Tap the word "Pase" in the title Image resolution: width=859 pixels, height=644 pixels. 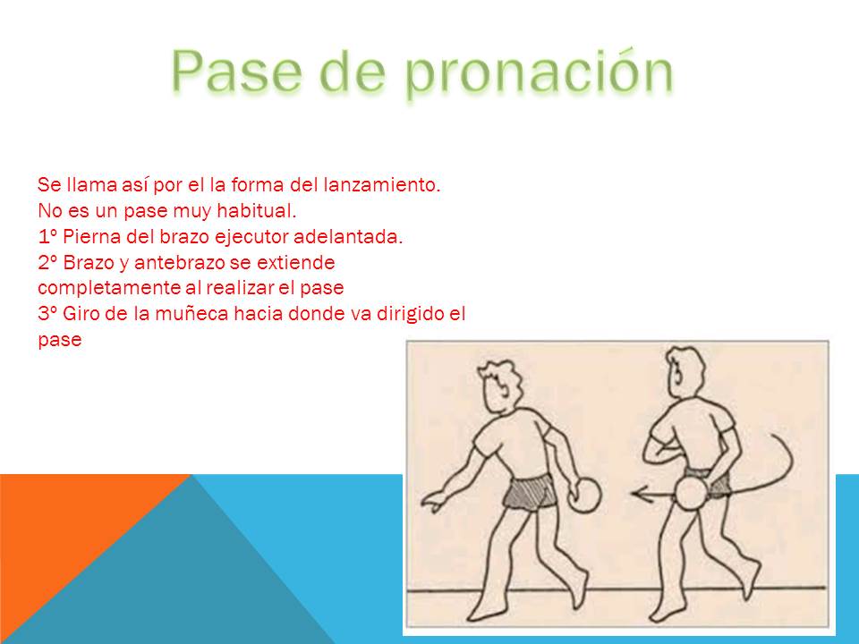pyautogui.click(x=236, y=71)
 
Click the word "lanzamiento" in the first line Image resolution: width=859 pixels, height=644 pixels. pyautogui.click(x=381, y=185)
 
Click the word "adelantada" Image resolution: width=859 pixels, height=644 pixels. pyautogui.click(x=348, y=236)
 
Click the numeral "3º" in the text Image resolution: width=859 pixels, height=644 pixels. pyautogui.click(x=48, y=314)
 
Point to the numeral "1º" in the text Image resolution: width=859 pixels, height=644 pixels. pyautogui.click(x=47, y=236)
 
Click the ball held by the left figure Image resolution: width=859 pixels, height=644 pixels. pyautogui.click(x=584, y=495)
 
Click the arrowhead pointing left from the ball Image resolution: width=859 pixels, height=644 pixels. pyautogui.click(x=637, y=494)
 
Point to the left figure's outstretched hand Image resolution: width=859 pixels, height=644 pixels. pyautogui.click(x=433, y=501)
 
